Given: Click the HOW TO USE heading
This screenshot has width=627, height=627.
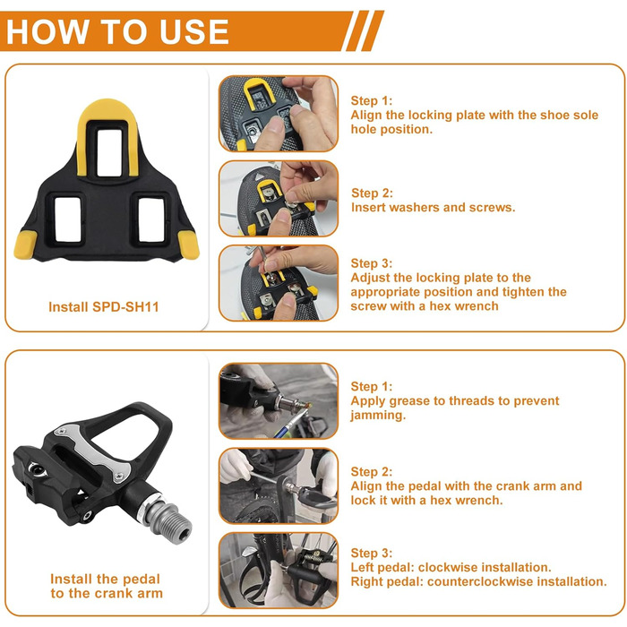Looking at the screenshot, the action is (x=117, y=31).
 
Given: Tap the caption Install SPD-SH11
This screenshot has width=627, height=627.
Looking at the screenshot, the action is (x=104, y=306).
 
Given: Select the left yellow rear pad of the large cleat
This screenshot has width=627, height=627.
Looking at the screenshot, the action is (x=26, y=245).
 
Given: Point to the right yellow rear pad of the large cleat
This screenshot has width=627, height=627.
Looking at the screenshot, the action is (x=188, y=245).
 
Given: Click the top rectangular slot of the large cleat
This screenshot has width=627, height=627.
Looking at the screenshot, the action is (x=108, y=152).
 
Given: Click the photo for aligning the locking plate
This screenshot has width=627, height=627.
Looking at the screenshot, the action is (x=279, y=114).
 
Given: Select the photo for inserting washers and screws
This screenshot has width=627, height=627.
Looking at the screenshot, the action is (x=279, y=198).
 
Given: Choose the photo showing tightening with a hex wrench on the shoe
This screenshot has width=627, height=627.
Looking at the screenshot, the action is (x=279, y=283).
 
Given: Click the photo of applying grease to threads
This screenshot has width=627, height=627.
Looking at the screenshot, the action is (x=279, y=400).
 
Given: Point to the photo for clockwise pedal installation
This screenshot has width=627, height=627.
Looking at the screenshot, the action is (x=279, y=571).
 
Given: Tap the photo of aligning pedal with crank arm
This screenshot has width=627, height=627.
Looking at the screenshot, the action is (x=279, y=485).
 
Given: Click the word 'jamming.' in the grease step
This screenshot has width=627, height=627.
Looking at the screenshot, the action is (x=378, y=416).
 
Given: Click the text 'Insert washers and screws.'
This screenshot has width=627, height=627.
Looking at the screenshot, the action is (x=433, y=207).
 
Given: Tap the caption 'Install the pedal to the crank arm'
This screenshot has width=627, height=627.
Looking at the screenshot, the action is (x=107, y=586).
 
